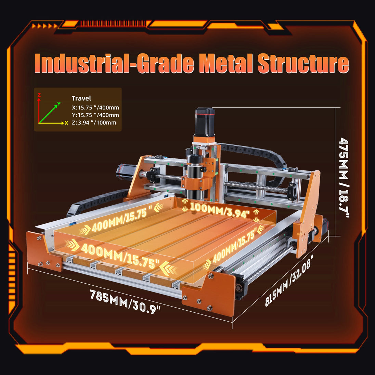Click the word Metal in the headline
coord(226,64)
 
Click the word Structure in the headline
coord(303,64)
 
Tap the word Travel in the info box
coord(81,98)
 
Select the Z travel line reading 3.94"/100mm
coord(94,123)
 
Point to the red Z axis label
coord(39,95)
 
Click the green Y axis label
coord(59,104)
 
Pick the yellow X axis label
coord(66,123)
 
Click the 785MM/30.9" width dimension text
coord(125,301)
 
